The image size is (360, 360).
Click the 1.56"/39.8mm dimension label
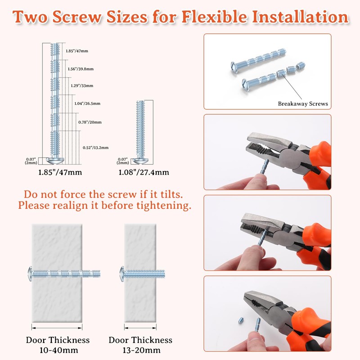81,69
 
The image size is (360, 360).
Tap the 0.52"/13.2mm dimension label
95,148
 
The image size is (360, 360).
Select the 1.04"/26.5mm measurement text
87,103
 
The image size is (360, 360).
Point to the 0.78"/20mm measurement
90,122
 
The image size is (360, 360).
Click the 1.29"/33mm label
82,85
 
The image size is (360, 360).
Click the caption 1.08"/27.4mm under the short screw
144,172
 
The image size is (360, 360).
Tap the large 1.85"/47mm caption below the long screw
60,172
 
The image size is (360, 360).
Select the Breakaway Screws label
303,103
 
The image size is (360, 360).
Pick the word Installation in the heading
300,17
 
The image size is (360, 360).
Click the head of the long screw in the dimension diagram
55,161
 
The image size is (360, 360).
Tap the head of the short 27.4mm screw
140,161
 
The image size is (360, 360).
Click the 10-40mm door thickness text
59,350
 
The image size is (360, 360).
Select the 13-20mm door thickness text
141,350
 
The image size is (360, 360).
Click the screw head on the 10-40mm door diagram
30,274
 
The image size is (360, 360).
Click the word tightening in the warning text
164,206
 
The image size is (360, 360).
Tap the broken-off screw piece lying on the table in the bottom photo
240,321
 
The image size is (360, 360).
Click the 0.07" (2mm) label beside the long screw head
31,161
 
